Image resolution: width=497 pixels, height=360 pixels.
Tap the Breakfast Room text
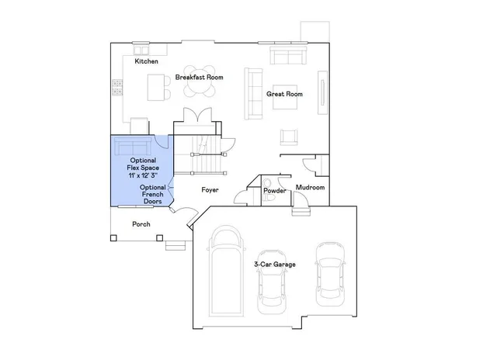[199, 77]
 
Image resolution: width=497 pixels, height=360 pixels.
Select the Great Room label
[284, 94]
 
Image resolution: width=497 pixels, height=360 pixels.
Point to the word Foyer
[210, 189]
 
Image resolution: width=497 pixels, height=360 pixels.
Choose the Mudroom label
[311, 188]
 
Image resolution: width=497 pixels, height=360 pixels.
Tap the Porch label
[141, 224]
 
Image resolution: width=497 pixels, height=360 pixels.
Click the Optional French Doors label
[153, 194]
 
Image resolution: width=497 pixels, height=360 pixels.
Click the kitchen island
[155, 85]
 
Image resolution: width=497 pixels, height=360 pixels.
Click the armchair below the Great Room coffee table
[290, 137]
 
